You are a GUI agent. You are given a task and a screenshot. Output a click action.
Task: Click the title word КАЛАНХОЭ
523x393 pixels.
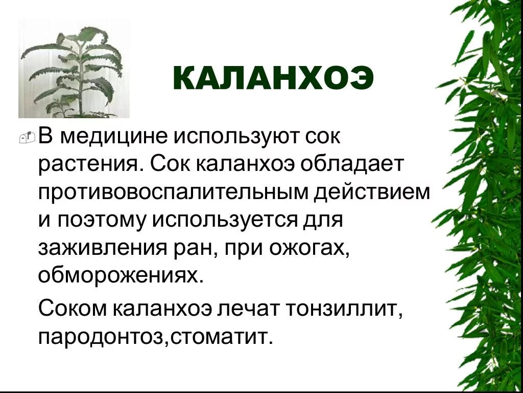[x=273, y=80]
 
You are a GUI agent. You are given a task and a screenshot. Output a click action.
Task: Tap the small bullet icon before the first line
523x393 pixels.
[x=29, y=137]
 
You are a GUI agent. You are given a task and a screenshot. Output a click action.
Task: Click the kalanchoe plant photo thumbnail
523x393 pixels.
[x=74, y=69]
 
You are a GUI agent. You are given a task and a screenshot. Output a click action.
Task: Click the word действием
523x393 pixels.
[x=372, y=192]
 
